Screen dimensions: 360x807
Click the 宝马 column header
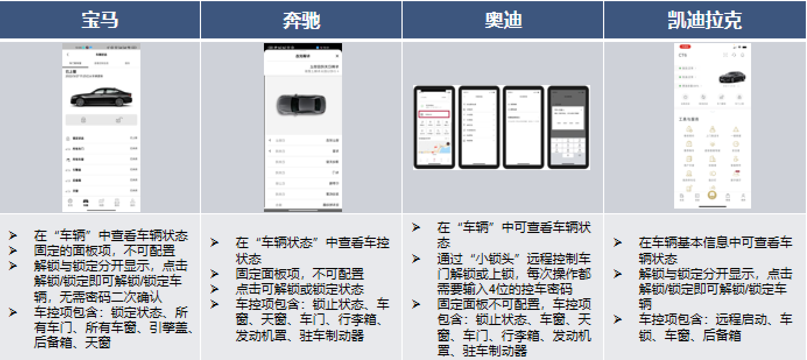coord(100,20)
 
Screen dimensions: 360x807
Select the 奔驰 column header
coord(301,20)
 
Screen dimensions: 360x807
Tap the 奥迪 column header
coord(503,20)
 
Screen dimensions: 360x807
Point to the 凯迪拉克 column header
coord(704,20)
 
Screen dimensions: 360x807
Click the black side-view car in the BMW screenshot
coord(101,97)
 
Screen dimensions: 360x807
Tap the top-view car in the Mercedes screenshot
coord(301,105)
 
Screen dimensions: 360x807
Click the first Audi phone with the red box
coord(435,128)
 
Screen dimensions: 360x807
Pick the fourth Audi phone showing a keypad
coord(568,128)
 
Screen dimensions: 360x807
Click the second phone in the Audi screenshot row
coord(479,128)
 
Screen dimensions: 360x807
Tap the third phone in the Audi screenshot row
coord(523,128)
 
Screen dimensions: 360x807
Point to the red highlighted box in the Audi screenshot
coord(435,115)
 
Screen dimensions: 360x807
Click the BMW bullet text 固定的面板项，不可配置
coord(105,251)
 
